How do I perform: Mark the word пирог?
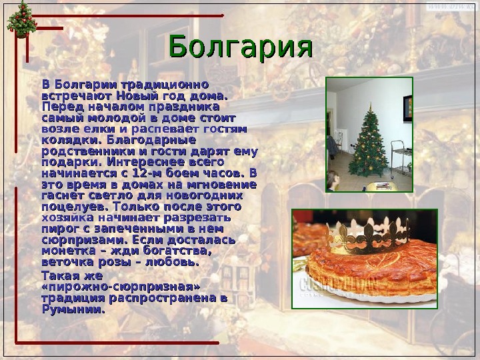click(58, 229)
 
